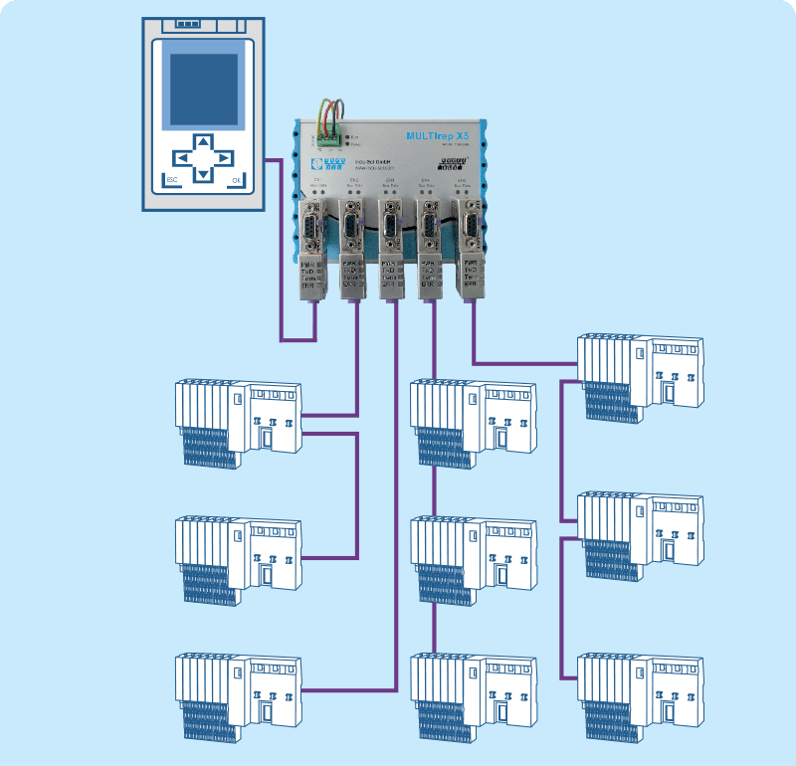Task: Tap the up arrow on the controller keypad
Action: click(x=202, y=141)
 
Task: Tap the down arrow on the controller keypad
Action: click(x=202, y=175)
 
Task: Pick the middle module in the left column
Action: click(x=238, y=555)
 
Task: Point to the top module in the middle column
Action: click(x=474, y=418)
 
